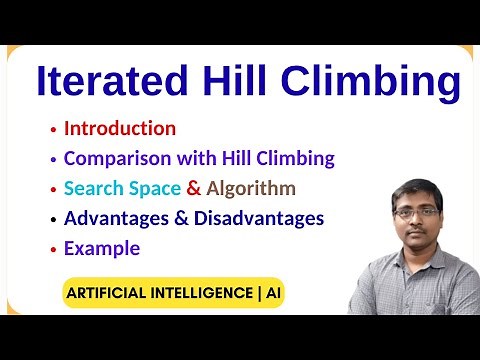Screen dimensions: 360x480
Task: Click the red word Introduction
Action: tap(120, 128)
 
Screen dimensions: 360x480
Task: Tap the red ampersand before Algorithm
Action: tap(194, 188)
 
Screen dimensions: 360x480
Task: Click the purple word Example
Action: tap(102, 248)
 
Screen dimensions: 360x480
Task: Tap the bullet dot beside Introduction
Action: tap(52, 130)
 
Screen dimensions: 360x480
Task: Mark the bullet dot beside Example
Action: tap(52, 250)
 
